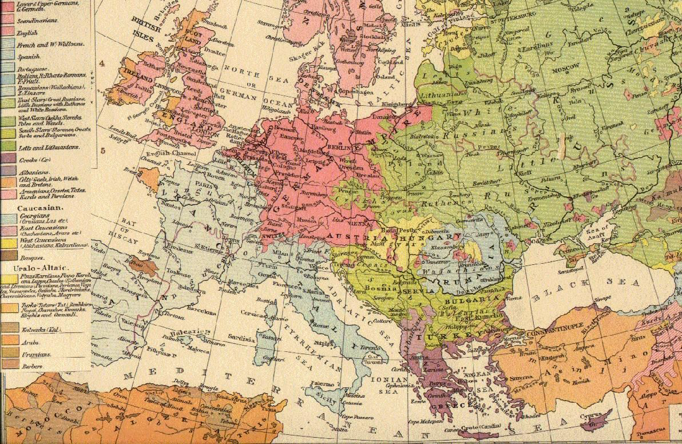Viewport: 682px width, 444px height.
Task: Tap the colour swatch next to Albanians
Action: (x=7, y=170)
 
